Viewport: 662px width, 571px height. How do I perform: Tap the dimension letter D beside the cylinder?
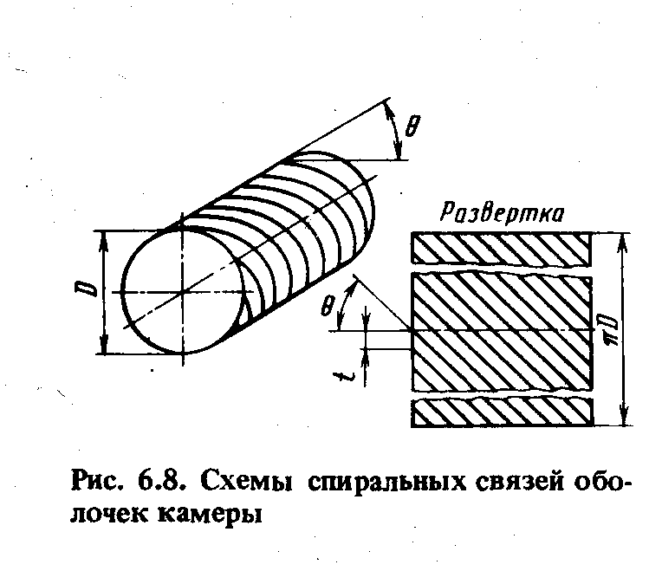pyautogui.click(x=80, y=292)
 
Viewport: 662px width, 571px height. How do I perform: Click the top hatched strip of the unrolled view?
pyautogui.click(x=500, y=250)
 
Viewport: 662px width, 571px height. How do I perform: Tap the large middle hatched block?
pyautogui.click(x=500, y=331)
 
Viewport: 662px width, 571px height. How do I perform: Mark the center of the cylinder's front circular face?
pyautogui.click(x=184, y=292)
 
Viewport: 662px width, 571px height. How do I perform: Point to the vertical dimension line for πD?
pyautogui.click(x=623, y=330)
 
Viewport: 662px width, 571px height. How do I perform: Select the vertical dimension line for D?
pyautogui.click(x=103, y=292)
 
